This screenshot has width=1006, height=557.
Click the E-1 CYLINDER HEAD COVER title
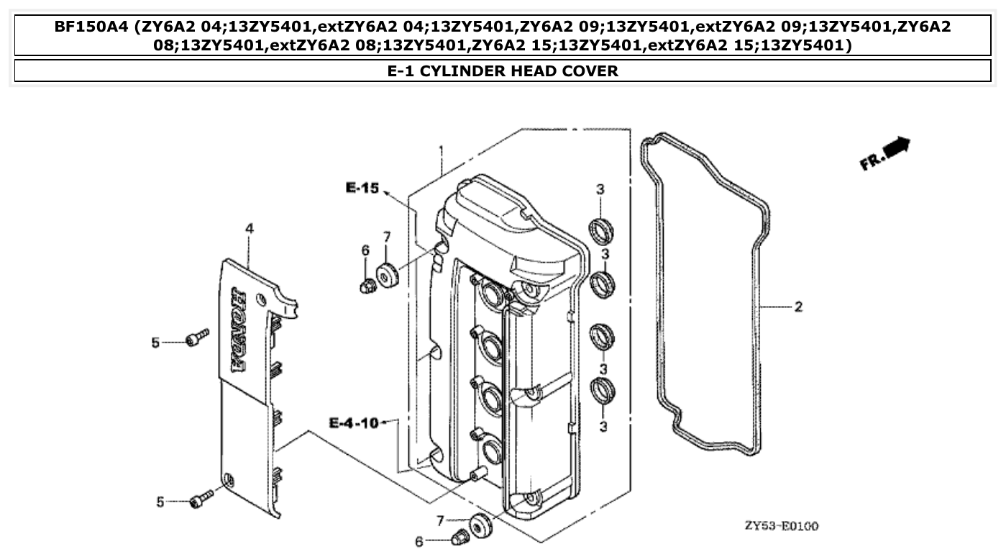(503, 71)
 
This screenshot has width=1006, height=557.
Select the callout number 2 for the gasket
(798, 307)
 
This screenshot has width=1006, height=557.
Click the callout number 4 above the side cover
(250, 228)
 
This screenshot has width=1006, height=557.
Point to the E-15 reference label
(361, 188)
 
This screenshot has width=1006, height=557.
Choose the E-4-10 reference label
(353, 422)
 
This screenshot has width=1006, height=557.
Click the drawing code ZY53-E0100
(781, 526)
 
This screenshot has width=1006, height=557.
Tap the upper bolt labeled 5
(197, 337)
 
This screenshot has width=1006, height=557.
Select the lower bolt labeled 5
(201, 499)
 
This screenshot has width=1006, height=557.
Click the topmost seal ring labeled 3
(600, 229)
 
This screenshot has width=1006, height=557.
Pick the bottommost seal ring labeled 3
(601, 390)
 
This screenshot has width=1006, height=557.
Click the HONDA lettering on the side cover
(237, 330)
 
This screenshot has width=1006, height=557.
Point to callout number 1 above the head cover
(441, 151)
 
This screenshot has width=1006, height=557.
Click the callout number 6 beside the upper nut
(365, 250)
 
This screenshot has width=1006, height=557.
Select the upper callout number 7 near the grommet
(386, 237)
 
